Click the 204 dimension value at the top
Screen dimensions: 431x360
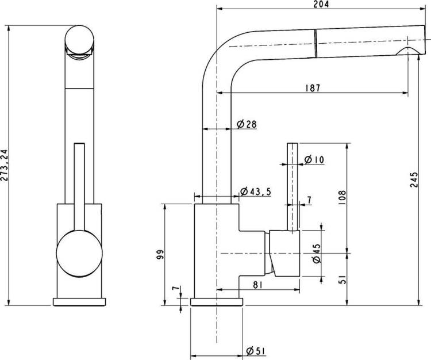[321, 4]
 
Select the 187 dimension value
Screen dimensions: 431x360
[313, 88]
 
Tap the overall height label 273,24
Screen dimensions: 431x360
[5, 165]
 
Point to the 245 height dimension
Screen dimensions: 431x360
[414, 179]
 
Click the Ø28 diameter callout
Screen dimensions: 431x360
[247, 124]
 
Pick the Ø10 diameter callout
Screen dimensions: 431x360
[314, 159]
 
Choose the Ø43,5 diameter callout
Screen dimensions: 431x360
[255, 192]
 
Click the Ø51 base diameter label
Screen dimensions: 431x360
[256, 351]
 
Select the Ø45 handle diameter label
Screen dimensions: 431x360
[317, 253]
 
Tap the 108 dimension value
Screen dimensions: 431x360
[342, 197]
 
